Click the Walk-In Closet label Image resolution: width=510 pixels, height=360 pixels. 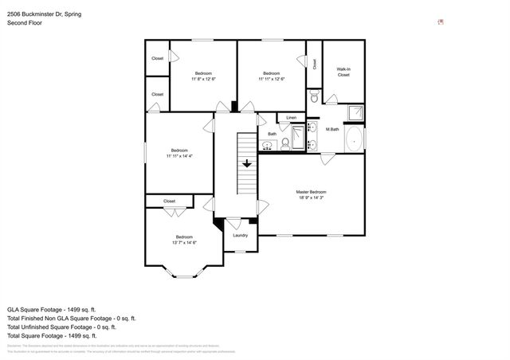[343, 72]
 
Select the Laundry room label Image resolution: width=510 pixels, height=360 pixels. [240, 235]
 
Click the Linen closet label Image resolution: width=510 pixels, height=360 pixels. [291, 118]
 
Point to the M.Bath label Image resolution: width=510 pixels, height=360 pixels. [333, 129]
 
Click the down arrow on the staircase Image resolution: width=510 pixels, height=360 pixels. [247, 163]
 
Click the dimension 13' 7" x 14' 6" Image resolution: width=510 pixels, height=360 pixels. [185, 242]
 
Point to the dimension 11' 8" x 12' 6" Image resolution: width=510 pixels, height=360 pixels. [203, 79]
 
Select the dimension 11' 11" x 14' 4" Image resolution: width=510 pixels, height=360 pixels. [179, 156]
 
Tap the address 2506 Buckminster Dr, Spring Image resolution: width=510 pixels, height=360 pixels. [44, 14]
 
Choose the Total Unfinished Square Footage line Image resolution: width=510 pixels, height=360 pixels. [61, 327]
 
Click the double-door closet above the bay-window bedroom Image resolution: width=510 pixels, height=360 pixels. [170, 202]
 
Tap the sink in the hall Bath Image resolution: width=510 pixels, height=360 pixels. [263, 144]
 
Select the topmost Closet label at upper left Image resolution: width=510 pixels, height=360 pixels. [158, 58]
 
